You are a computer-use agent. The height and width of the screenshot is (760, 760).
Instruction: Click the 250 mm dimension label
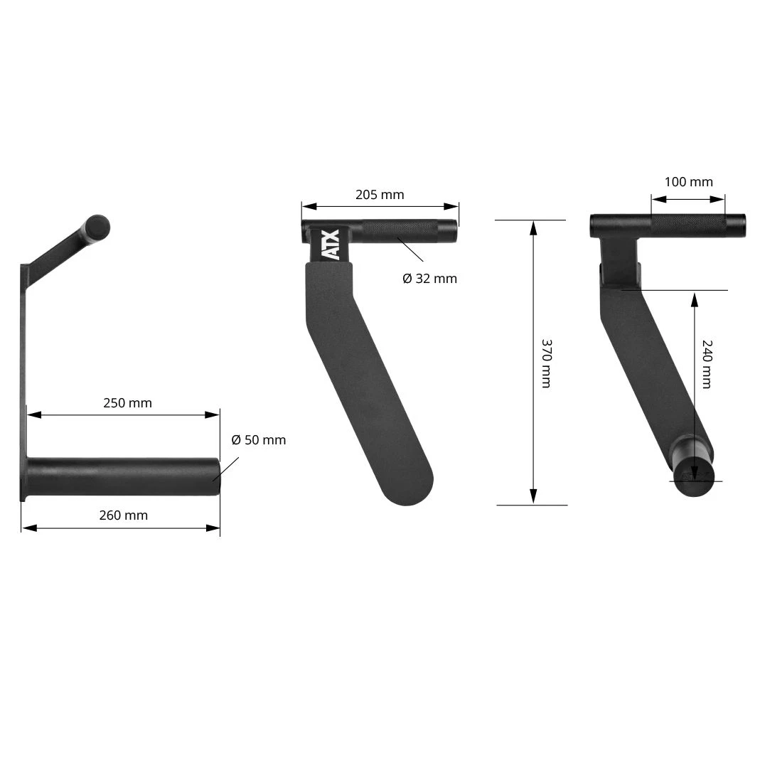[127, 403]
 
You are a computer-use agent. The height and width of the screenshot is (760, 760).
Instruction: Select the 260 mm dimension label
[123, 515]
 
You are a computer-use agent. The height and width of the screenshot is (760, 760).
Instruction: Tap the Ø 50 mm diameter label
[258, 440]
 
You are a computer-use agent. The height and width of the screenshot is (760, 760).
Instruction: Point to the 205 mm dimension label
[380, 195]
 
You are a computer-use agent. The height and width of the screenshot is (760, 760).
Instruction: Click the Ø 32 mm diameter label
[429, 279]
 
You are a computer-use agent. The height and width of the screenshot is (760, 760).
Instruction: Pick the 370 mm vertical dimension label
[546, 363]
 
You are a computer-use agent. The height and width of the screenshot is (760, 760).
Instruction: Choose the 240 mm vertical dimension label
[707, 364]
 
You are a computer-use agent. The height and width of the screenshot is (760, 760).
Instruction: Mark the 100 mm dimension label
[688, 182]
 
